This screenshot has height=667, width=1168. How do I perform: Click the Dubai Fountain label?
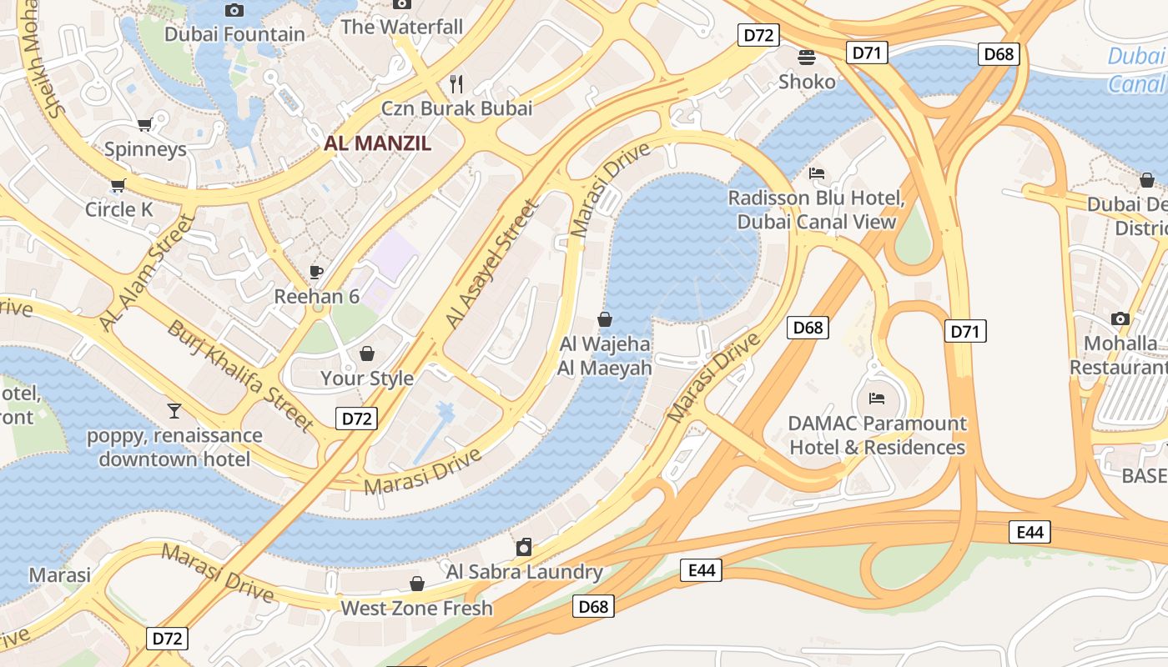coord(234,34)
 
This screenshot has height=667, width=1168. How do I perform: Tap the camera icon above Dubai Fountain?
coord(234,10)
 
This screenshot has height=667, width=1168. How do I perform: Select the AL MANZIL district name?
coord(378,143)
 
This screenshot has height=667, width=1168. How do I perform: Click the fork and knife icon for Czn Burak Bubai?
coord(456,83)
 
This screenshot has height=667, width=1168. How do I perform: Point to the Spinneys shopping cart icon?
coord(144,125)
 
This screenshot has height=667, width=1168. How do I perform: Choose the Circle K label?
coord(119,209)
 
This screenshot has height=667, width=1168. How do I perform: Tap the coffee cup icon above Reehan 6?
coord(316,272)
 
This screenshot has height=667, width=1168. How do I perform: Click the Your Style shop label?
coord(367,379)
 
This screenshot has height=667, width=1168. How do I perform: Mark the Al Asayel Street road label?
coord(491,263)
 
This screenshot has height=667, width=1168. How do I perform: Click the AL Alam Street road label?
coord(147,272)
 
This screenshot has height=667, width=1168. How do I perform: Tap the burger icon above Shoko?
coord(807,58)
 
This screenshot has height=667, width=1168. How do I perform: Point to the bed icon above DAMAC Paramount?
coord(876,398)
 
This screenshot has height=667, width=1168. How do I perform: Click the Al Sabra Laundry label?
coord(524,572)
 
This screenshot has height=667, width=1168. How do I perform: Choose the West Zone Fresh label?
coord(416,608)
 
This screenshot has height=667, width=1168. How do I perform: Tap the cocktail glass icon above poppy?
coord(174,410)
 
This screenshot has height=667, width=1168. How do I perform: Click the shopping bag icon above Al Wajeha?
coord(605,319)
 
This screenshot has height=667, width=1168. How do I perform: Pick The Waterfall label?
coord(401,27)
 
